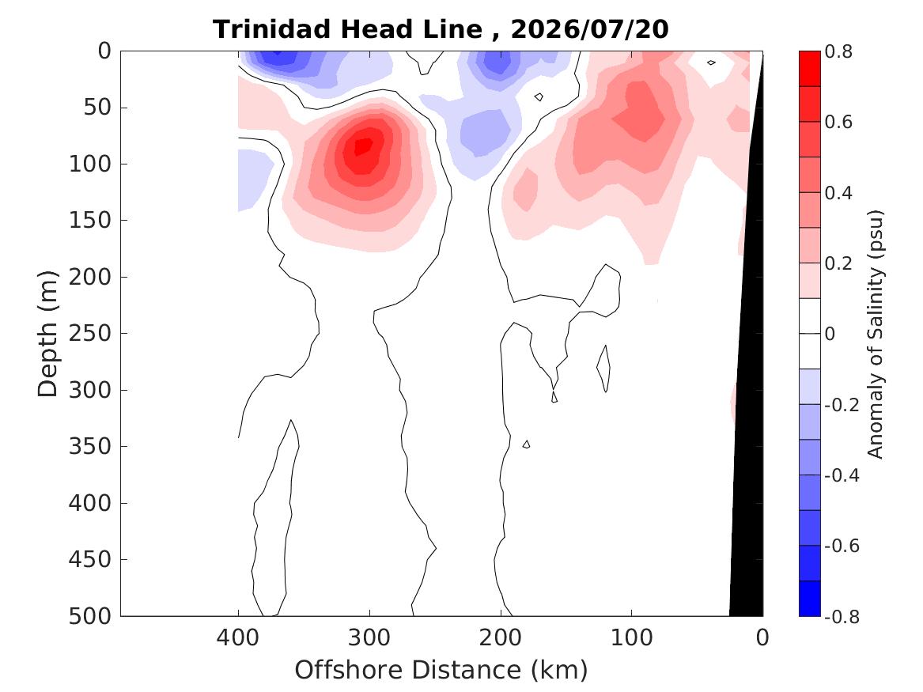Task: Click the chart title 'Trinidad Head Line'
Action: coord(347,28)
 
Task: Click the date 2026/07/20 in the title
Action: coord(589,28)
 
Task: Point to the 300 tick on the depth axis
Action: coord(90,390)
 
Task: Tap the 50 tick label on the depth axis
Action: coord(98,107)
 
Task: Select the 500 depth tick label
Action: coord(90,616)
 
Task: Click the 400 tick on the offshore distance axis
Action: coord(238,637)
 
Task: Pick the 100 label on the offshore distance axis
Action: coord(632,637)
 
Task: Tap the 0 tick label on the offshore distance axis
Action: coord(762,637)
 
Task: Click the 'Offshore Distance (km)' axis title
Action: coord(441,670)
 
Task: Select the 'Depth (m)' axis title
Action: coord(47,334)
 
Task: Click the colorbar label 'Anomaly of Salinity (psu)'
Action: coord(876,334)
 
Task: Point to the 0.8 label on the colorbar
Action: coord(838,51)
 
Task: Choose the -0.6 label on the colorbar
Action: coord(842,546)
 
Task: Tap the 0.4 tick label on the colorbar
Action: coord(838,192)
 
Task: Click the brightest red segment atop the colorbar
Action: coord(809,69)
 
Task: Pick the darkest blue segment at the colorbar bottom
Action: coord(809,599)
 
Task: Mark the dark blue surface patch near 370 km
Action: coord(277,57)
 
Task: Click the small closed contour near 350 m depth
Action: coord(526,444)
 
